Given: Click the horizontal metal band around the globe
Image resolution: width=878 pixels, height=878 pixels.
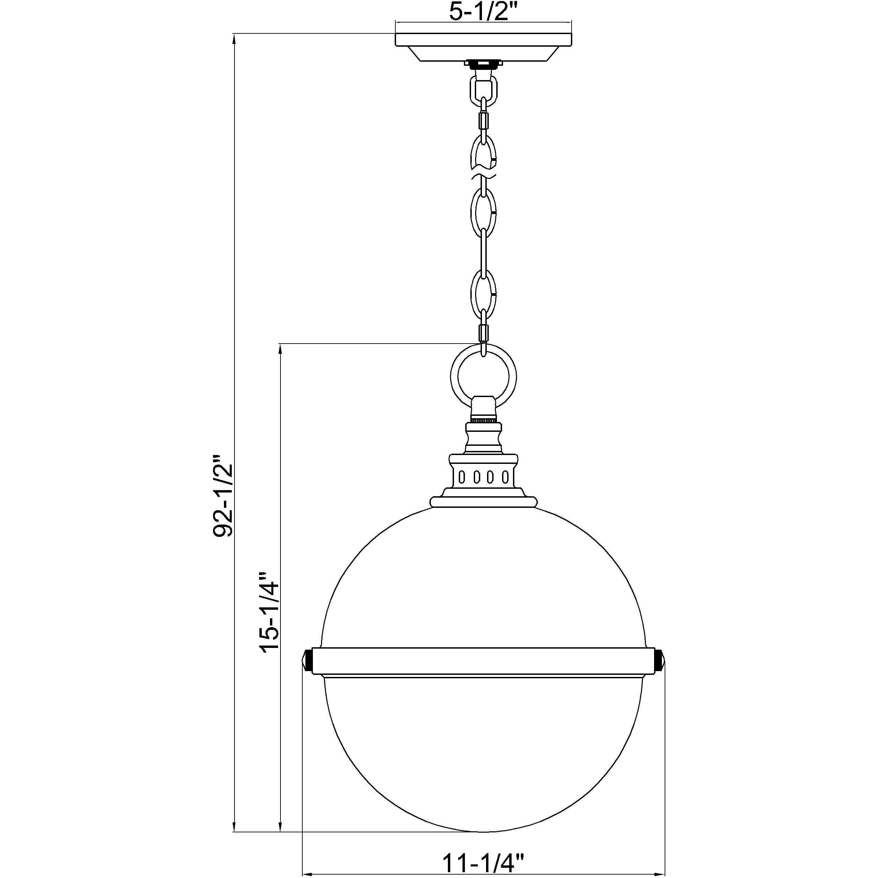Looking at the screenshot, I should (484, 661).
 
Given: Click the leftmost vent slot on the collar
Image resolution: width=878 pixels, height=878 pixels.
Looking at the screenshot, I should (462, 477).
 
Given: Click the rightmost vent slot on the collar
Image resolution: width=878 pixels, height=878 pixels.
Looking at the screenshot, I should (504, 477).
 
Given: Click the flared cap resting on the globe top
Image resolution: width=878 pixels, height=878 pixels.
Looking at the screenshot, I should (484, 502).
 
